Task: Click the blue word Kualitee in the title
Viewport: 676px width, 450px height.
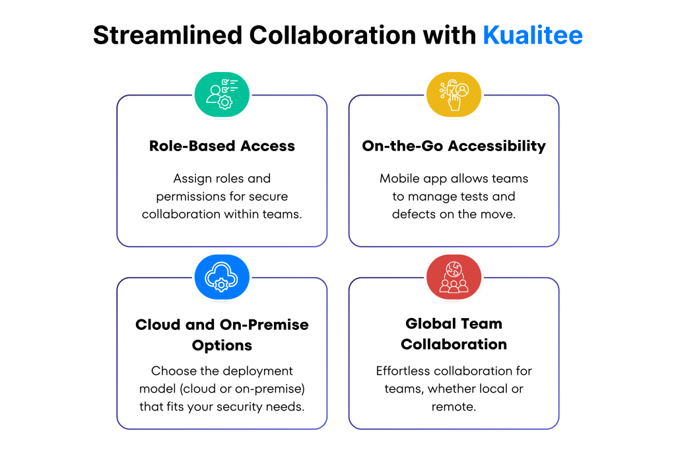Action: tap(533, 35)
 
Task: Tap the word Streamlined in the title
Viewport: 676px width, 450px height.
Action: tap(168, 35)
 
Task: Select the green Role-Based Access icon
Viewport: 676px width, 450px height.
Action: tap(222, 94)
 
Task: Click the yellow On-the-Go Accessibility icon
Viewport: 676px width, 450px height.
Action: tap(454, 94)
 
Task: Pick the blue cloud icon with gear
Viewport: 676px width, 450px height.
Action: tap(222, 276)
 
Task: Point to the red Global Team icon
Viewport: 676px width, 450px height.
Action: tap(454, 276)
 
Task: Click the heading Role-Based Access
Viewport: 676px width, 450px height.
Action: tap(222, 146)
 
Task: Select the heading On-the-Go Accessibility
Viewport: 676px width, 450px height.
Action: tap(454, 146)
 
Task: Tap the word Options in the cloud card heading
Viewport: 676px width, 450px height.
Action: tap(222, 346)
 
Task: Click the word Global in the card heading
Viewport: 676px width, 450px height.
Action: tap(431, 324)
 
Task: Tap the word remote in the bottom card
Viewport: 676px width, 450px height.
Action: tap(454, 407)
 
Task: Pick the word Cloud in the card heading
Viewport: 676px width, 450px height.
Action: tap(157, 325)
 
